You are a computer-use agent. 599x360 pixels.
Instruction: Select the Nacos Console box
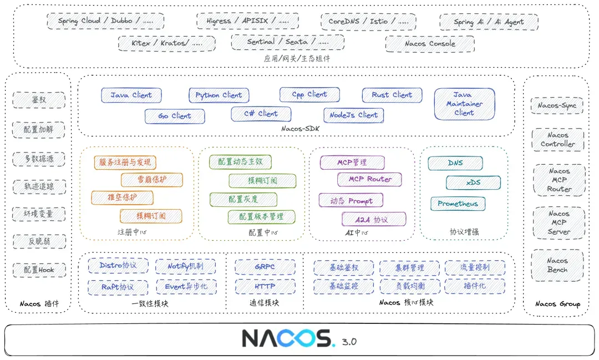pyautogui.click(x=430, y=43)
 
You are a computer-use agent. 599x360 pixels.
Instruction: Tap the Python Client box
pyautogui.click(x=219, y=95)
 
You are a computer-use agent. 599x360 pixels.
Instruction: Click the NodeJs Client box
pyautogui.click(x=353, y=115)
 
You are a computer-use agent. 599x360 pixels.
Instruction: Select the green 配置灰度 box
pyautogui.click(x=243, y=199)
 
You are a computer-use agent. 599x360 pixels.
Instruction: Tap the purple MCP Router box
pyautogui.click(x=369, y=179)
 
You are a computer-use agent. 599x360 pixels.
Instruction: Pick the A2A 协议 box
pyautogui.click(x=373, y=219)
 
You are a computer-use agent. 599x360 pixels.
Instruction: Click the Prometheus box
pyautogui.click(x=458, y=204)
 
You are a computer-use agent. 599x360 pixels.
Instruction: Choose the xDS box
pyautogui.click(x=473, y=182)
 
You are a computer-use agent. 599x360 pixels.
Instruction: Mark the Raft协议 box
pyautogui.click(x=118, y=287)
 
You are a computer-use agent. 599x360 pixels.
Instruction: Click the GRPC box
pyautogui.click(x=265, y=267)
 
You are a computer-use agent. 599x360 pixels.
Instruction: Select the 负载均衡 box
pyautogui.click(x=410, y=286)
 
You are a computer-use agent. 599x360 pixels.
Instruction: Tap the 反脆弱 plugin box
pyautogui.click(x=39, y=241)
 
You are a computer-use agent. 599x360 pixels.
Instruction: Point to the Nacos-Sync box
pyautogui.click(x=557, y=105)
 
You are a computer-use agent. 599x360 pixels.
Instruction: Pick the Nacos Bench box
pyautogui.click(x=557, y=265)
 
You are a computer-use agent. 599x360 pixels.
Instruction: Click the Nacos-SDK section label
pyautogui.click(x=300, y=129)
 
